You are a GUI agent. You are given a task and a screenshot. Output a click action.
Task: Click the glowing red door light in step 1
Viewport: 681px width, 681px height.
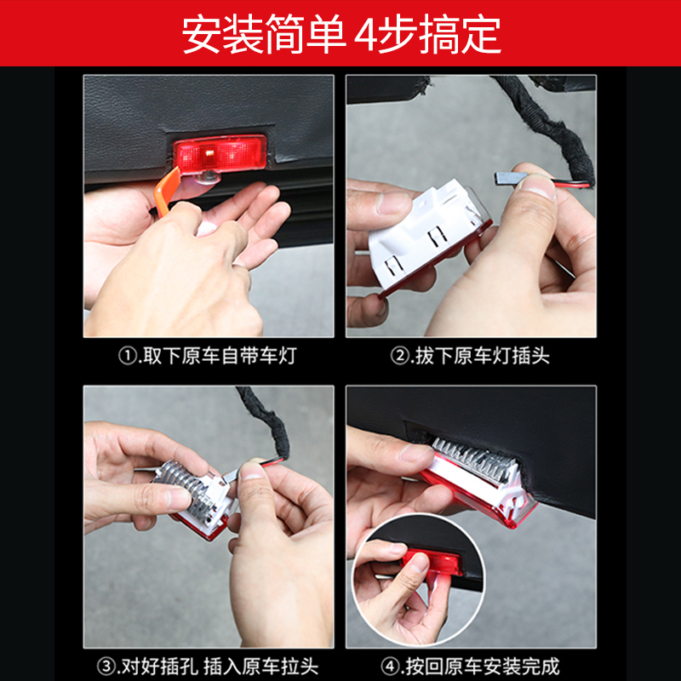[x=220, y=153]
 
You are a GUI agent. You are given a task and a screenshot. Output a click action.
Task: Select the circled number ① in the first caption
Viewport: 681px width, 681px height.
[x=127, y=356]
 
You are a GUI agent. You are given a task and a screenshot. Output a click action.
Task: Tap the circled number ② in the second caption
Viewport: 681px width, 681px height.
[x=399, y=356]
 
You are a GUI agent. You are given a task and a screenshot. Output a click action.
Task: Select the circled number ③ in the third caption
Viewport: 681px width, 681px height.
[x=106, y=667]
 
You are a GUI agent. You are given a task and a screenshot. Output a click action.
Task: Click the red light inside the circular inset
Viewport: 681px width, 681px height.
[x=432, y=562]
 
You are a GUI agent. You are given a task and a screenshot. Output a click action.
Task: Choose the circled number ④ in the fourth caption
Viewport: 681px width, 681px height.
[x=390, y=667]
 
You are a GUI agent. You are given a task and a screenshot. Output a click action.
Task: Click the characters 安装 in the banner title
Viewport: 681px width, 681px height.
[x=222, y=34]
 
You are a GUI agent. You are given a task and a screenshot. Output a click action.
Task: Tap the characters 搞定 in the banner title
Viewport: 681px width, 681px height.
[x=460, y=34]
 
